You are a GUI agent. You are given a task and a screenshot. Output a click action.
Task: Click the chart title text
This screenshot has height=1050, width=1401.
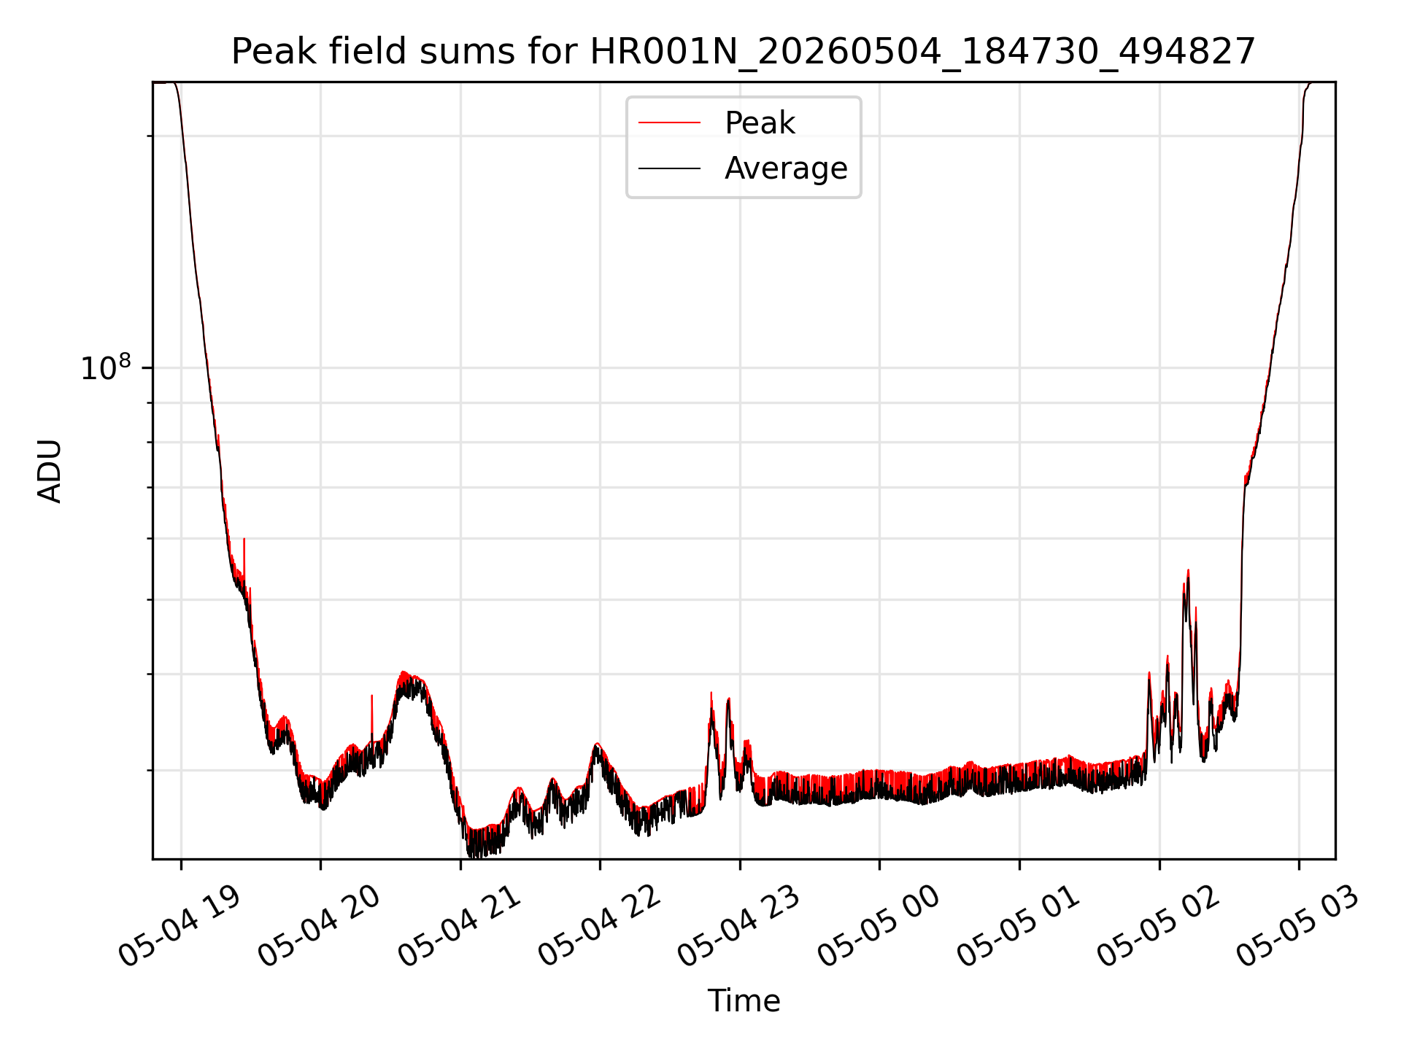click(743, 52)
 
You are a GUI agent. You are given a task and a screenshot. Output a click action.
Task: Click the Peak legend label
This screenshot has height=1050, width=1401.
click(760, 123)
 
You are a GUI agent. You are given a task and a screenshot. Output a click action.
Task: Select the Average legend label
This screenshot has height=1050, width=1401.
click(786, 168)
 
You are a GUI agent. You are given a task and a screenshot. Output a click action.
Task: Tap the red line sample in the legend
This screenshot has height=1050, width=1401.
click(669, 123)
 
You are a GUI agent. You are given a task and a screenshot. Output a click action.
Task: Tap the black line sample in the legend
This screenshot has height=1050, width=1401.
click(669, 168)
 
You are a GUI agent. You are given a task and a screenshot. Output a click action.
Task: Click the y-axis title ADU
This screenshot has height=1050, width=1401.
click(50, 470)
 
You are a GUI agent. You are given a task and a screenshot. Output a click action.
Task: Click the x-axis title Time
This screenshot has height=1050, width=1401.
click(744, 1000)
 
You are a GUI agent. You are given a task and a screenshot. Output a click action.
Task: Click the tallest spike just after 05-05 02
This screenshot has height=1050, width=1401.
click(1188, 571)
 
